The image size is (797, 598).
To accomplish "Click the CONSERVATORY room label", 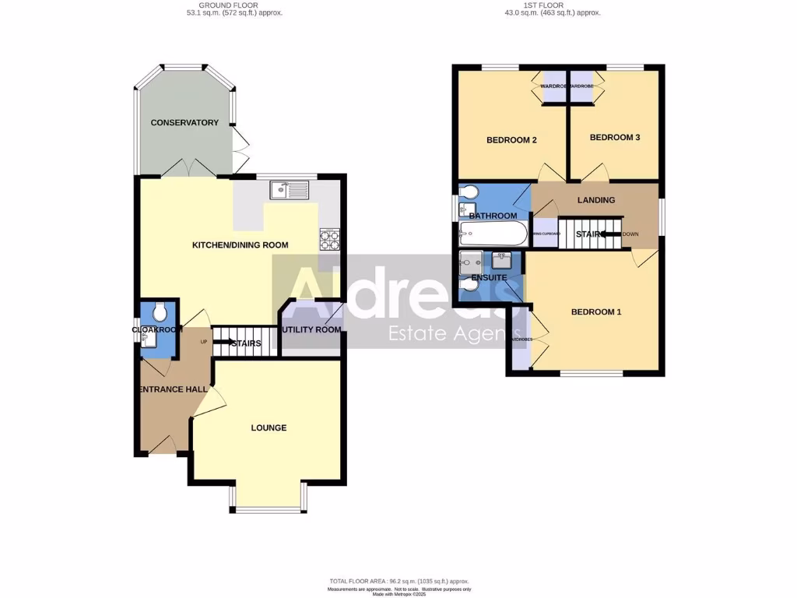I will (184, 123).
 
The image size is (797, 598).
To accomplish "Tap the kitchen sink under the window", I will (289, 189).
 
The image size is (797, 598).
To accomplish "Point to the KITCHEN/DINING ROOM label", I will (240, 245).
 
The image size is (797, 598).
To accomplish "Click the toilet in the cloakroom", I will (160, 313).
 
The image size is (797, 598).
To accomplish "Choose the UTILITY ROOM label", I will (311, 329).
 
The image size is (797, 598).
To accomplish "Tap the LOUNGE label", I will (269, 427).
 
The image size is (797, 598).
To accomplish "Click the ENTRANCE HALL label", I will (171, 389).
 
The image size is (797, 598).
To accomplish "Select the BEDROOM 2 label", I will (512, 140).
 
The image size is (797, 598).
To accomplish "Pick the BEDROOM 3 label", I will (615, 137).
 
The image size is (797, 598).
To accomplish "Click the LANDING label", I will (596, 200).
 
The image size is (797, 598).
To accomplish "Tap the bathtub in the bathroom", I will (493, 232).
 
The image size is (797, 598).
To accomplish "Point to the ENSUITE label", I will (489, 277).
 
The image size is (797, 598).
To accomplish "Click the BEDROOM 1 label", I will (596, 312).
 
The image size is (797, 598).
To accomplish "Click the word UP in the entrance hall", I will (204, 342).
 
